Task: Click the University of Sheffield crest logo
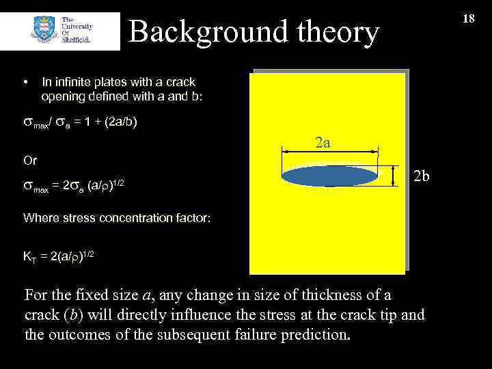click(x=44, y=31)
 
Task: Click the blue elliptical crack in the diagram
click(x=330, y=176)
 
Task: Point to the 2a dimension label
click(x=323, y=143)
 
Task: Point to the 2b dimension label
click(x=422, y=176)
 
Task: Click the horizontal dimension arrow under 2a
click(x=330, y=153)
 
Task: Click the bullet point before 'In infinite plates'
click(x=26, y=82)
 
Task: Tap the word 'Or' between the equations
click(x=30, y=161)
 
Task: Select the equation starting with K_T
click(x=59, y=256)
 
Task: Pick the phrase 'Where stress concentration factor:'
click(x=117, y=218)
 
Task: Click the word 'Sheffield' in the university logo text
click(x=76, y=39)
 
